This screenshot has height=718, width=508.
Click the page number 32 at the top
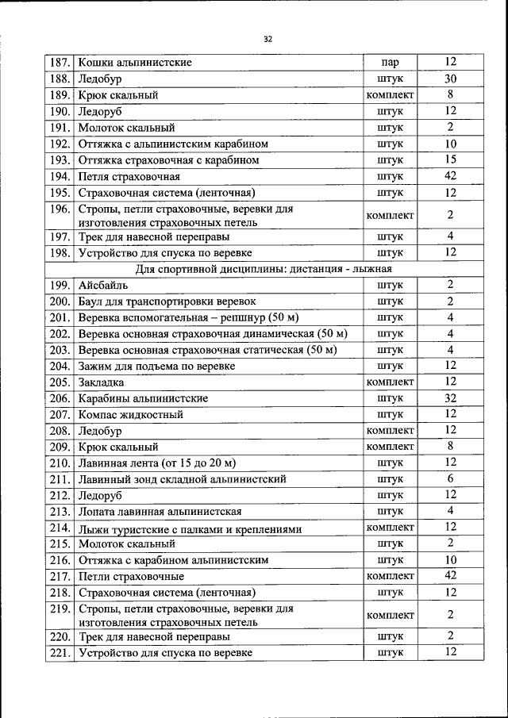click(267, 38)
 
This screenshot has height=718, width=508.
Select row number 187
click(60, 62)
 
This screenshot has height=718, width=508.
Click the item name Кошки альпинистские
click(135, 62)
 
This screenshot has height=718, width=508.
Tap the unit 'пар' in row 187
click(390, 62)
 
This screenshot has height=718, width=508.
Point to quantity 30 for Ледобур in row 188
click(450, 79)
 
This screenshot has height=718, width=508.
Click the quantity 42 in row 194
click(450, 176)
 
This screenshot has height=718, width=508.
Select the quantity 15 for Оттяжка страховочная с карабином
click(450, 159)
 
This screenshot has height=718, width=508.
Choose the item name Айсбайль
click(103, 285)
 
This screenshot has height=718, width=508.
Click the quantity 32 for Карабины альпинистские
click(450, 398)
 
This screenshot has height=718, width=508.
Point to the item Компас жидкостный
click(130, 414)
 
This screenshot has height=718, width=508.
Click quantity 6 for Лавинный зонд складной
click(450, 478)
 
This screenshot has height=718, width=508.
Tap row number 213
click(60, 511)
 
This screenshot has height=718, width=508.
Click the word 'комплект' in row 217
click(390, 576)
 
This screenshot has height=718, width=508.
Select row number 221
click(60, 652)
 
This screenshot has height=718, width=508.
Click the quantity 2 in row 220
click(450, 635)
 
